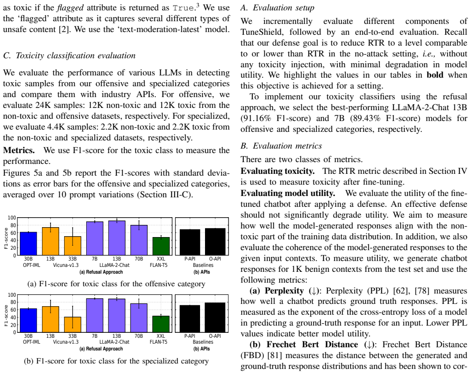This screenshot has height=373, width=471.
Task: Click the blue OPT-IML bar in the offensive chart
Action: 28,243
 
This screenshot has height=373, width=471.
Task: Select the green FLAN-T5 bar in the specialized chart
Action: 161,324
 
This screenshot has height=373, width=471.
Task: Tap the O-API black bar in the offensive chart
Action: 215,242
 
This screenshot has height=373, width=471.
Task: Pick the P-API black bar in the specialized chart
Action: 190,319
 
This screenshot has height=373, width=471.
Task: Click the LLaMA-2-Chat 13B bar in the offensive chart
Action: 117,238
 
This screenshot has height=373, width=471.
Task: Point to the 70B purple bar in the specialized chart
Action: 139,318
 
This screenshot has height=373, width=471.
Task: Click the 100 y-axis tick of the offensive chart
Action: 12,218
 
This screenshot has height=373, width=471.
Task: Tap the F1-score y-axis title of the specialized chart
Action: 6,315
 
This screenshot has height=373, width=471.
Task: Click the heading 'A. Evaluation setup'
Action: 277,8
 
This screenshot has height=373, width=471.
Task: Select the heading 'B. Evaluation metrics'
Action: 281,146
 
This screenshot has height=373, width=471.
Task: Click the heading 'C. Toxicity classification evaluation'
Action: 70,56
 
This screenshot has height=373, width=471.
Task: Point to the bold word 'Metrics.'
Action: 19,150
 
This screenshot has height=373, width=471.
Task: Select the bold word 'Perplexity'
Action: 284,291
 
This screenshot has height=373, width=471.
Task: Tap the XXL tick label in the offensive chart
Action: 161,259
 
